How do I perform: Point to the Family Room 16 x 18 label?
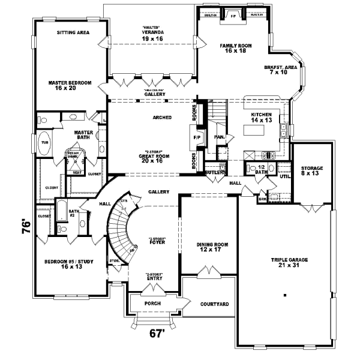point(235,49)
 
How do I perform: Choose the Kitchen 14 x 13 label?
point(262,117)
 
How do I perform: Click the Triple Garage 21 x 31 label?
point(289,263)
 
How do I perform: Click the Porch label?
point(152,304)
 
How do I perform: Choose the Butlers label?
point(214,173)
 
